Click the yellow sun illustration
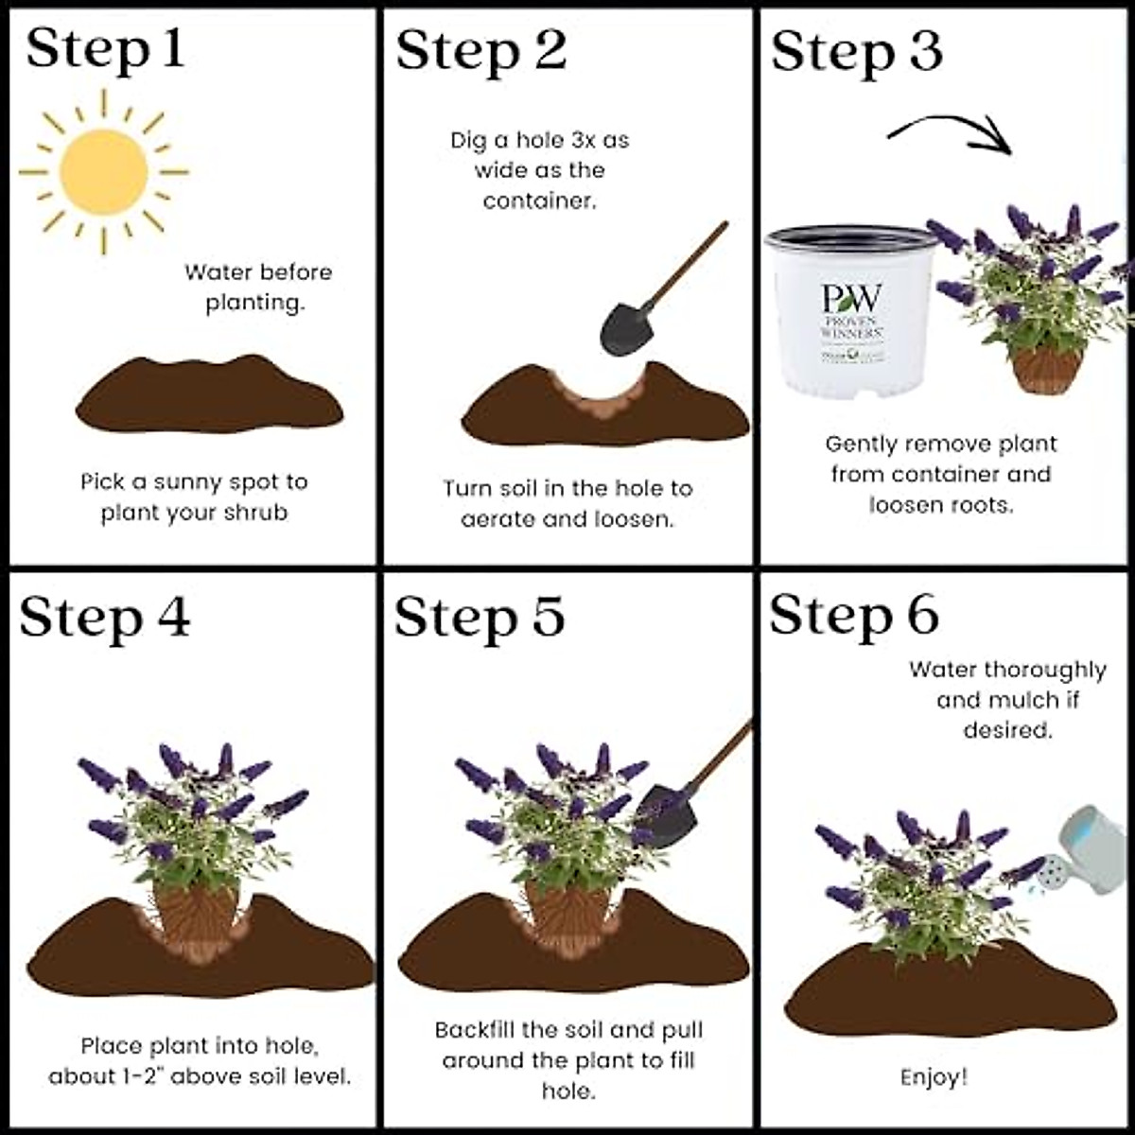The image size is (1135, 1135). click(x=103, y=172)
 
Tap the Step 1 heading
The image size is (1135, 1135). click(x=105, y=50)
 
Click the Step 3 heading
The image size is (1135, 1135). click(x=856, y=52)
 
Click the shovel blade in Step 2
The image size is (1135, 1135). click(x=624, y=327)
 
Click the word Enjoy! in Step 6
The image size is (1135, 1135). click(x=934, y=1077)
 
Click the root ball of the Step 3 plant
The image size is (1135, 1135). click(x=1045, y=369)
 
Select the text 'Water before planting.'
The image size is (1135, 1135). click(x=257, y=288)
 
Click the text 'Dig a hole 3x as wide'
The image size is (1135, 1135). click(x=539, y=155)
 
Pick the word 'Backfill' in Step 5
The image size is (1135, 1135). click(x=477, y=1030)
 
